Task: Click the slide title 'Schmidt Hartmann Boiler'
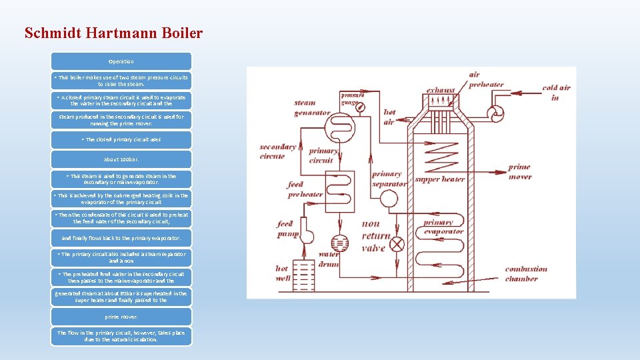(x=113, y=33)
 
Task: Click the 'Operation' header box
(x=121, y=61)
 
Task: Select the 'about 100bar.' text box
(x=121, y=159)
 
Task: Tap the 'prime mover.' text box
(x=121, y=317)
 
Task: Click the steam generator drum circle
(x=344, y=127)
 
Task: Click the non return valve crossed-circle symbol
(x=397, y=243)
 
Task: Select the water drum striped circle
(x=340, y=241)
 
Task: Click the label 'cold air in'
(x=556, y=93)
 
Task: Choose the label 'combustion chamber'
(x=525, y=274)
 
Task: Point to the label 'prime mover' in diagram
(x=519, y=171)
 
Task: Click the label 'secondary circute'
(x=277, y=151)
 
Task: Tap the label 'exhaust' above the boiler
(x=441, y=90)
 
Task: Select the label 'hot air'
(x=389, y=117)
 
